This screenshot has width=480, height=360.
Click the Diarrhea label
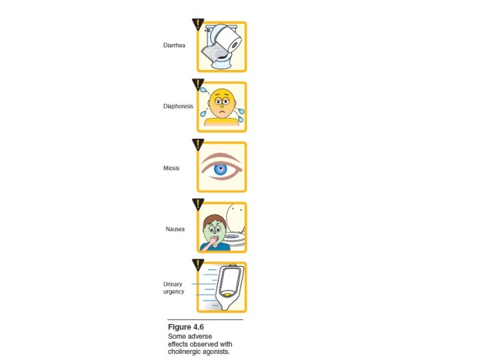173,46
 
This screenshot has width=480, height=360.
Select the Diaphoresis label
178,106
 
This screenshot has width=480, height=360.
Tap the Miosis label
172,168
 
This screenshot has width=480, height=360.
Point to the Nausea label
175,229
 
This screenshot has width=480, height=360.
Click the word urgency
175,291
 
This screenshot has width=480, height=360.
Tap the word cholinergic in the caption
185,351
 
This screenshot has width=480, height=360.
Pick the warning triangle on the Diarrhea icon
198,25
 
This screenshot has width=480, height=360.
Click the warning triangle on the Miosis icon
198,145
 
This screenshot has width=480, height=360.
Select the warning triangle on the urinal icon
198,265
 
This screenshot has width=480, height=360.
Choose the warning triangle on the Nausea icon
198,205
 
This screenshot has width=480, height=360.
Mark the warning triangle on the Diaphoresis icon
198,85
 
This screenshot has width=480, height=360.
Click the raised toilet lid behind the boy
235,217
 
